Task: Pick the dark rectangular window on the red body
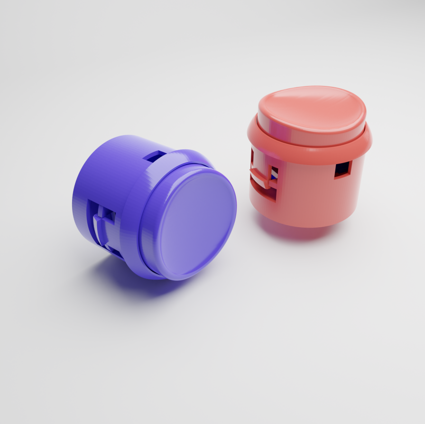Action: coord(342,169)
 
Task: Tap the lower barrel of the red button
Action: coord(308,199)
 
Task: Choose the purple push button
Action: coord(157,209)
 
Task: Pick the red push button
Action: coord(308,157)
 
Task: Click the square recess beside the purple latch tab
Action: coord(109,216)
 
